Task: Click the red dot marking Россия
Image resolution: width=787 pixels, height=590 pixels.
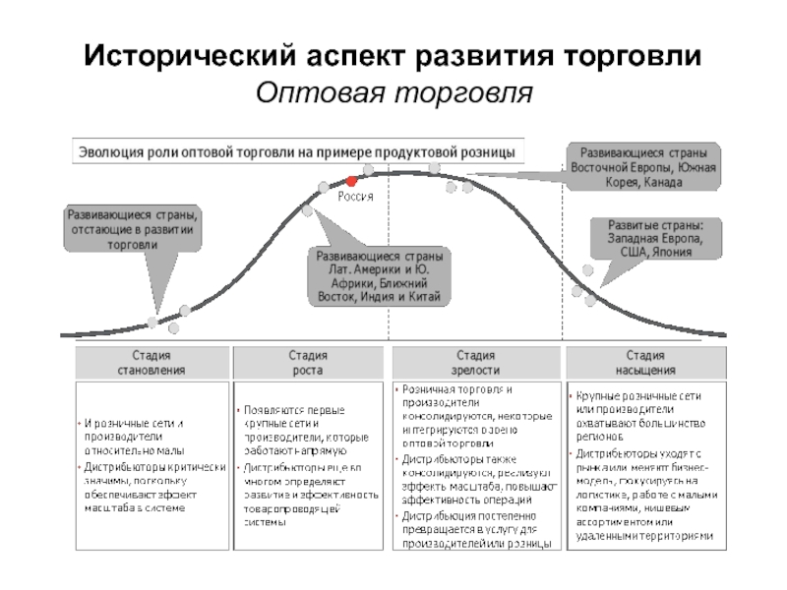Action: click(x=350, y=181)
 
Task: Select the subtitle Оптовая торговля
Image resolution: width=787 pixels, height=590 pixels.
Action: click(x=393, y=93)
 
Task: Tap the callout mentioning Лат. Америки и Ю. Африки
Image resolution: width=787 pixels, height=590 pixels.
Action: click(x=379, y=276)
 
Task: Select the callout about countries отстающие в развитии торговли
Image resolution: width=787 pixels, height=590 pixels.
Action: click(x=132, y=228)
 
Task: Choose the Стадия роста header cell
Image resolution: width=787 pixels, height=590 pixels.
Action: click(x=308, y=363)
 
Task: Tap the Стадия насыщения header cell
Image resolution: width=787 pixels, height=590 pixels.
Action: click(x=650, y=363)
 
